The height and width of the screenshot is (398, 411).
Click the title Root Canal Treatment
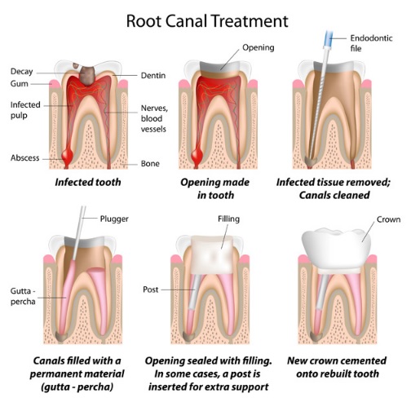coord(205,19)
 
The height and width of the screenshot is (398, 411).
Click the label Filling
coord(228,219)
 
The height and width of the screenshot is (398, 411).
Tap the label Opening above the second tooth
coord(260,46)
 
